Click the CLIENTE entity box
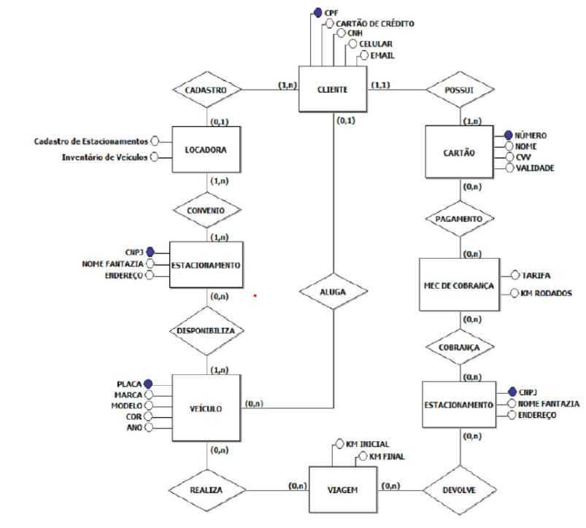333,90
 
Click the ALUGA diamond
333,290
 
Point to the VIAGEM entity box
342,489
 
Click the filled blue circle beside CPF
317,12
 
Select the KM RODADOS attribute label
547,293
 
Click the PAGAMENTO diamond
459,218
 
